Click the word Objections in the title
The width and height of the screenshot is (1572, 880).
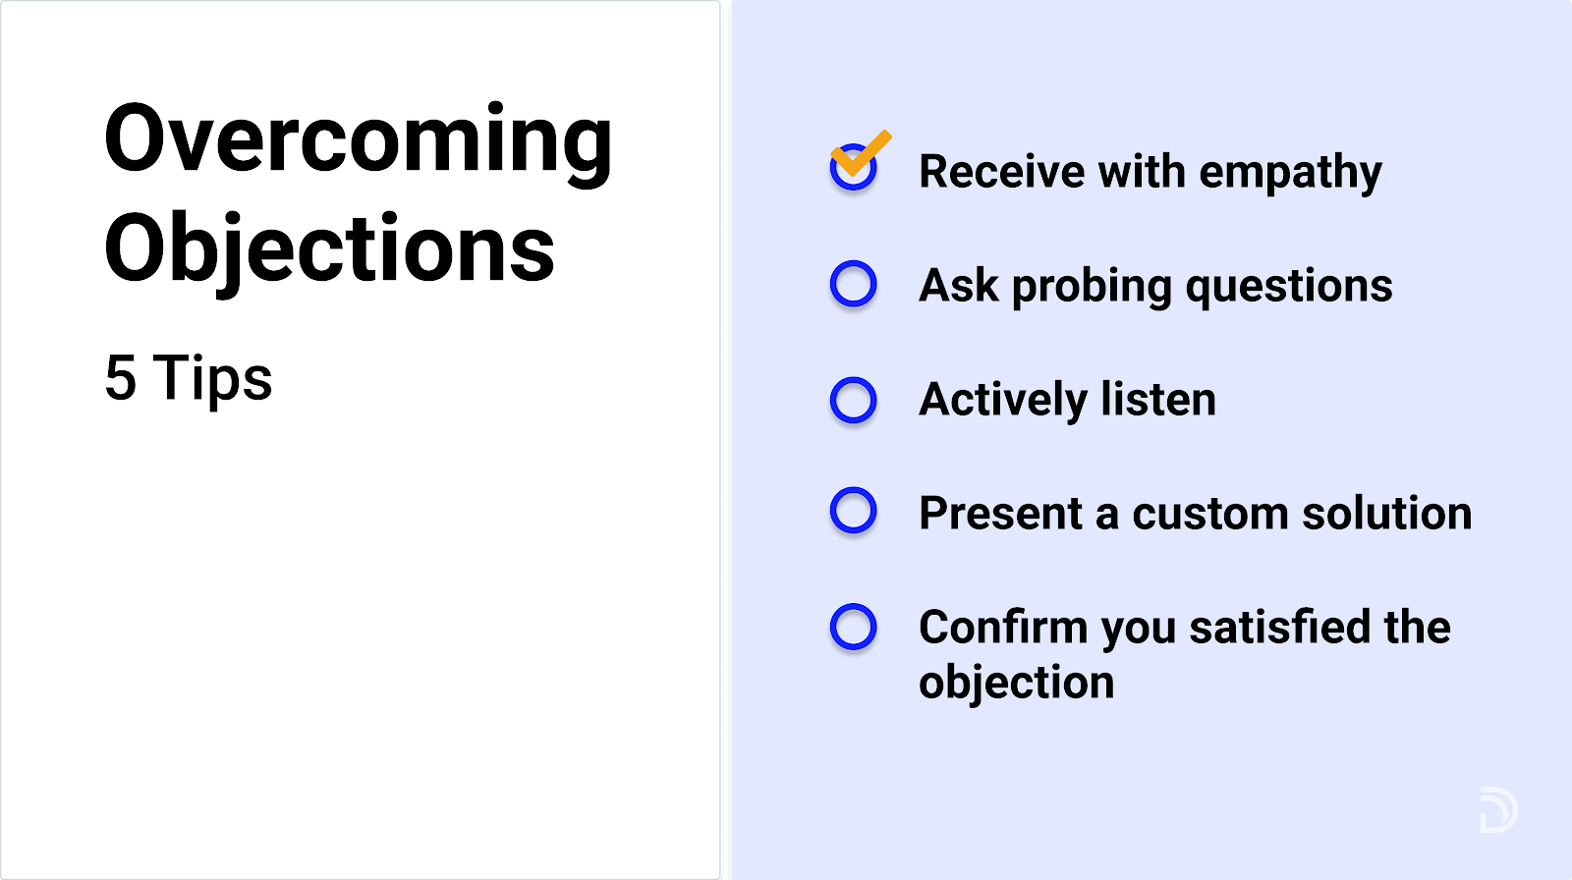click(x=330, y=252)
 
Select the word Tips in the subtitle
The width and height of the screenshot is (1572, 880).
click(x=212, y=380)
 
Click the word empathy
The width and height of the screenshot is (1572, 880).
click(x=1291, y=173)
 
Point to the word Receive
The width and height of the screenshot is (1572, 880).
click(x=1002, y=171)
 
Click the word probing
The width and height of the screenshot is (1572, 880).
click(x=1092, y=288)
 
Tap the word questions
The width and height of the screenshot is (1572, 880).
click(x=1289, y=288)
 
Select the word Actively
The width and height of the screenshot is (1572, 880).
click(x=1003, y=401)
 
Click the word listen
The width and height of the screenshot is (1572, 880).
click(x=1158, y=399)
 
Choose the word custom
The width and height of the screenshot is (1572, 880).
click(x=1209, y=515)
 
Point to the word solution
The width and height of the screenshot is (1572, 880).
click(x=1386, y=513)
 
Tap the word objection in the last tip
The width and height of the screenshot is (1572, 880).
click(x=1016, y=683)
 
